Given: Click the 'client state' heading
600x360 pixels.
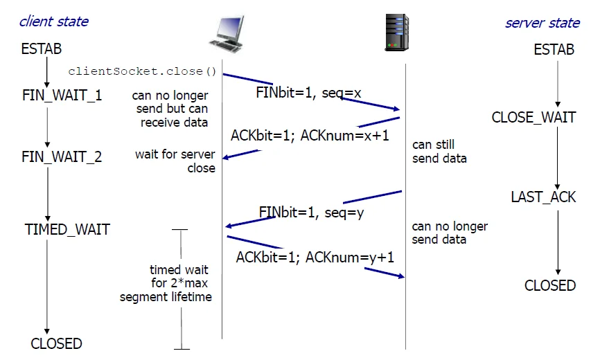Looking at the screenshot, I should coord(53,21).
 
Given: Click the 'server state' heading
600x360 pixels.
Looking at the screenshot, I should coord(542,23).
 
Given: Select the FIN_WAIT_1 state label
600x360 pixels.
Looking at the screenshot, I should coord(62,95).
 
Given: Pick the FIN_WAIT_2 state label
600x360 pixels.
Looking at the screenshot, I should coord(62,157).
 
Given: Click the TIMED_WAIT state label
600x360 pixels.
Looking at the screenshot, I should coord(67,229).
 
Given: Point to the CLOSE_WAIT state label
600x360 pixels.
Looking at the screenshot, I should coord(533,117).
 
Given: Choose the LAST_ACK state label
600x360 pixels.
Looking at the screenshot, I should coord(543,197).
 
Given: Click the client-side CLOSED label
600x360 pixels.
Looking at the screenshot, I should coord(56,343).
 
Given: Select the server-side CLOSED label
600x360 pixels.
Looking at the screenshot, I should coord(550,285).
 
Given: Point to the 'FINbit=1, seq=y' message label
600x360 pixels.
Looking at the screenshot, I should coord(311,213).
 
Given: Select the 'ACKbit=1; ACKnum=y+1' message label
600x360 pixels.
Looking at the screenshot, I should coord(315,258).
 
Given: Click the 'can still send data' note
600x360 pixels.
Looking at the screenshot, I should coord(439,152).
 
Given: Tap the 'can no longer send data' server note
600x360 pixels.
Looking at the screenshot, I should coord(450,233).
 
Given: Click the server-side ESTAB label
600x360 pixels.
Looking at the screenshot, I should coord(554,50).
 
